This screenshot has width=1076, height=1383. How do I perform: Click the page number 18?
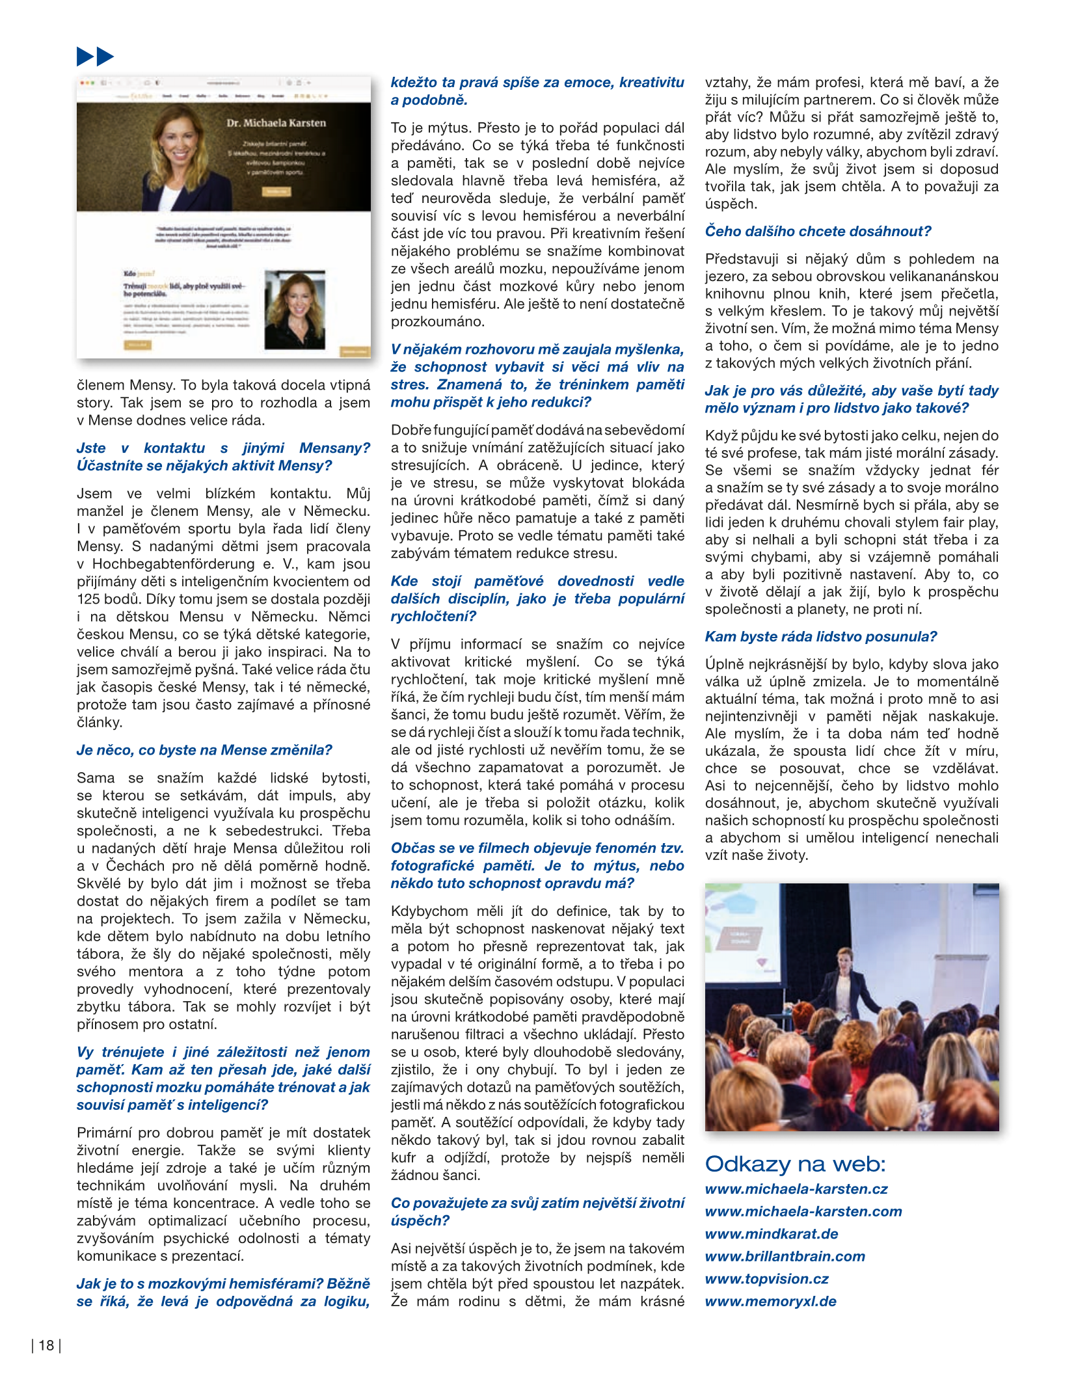(46, 1345)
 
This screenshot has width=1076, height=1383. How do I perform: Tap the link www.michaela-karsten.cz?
(796, 1189)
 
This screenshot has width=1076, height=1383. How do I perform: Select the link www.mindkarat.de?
(772, 1234)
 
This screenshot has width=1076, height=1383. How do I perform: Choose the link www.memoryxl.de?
(771, 1302)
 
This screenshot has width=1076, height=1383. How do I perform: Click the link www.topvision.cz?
(767, 1279)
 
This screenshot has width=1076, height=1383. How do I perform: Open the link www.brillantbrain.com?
(785, 1256)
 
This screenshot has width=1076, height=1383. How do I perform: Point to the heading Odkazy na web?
(795, 1164)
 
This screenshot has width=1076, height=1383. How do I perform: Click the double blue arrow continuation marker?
(95, 57)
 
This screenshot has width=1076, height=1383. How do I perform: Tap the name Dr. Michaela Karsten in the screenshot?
(276, 122)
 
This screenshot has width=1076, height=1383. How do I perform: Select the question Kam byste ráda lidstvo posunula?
(821, 637)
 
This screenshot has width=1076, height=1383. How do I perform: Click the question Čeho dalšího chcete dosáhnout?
(818, 232)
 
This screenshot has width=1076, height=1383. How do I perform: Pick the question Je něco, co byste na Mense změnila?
(204, 750)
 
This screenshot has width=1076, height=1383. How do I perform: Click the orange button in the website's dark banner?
(276, 191)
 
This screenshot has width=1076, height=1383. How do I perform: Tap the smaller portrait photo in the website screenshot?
(295, 310)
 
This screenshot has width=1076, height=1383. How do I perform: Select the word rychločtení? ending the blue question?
(433, 616)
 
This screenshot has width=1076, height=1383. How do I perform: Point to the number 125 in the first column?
(88, 599)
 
